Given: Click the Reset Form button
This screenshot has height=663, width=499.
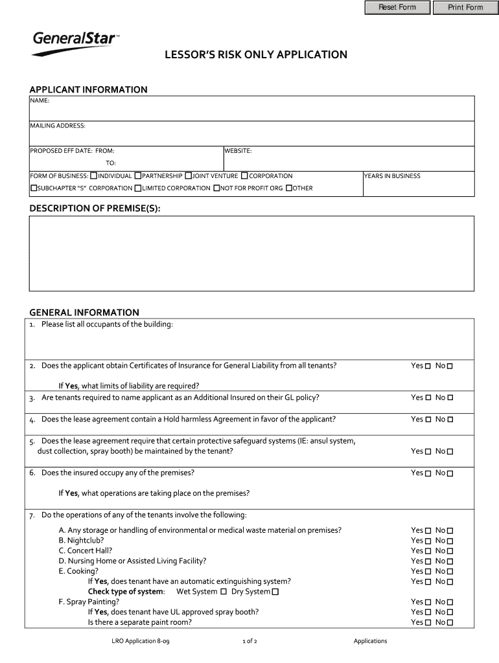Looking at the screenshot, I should pyautogui.click(x=397, y=8).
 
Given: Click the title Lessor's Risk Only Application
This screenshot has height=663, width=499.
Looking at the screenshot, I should pyautogui.click(x=255, y=55).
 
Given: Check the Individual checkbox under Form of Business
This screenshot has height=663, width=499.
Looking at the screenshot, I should pyautogui.click(x=94, y=175).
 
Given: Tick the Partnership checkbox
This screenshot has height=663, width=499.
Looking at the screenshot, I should pyautogui.click(x=138, y=175).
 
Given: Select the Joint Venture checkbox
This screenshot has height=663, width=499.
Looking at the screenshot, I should pyautogui.click(x=189, y=175).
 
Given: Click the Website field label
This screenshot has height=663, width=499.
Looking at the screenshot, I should pyautogui.click(x=238, y=151).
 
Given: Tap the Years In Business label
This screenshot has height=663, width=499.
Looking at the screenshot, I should pyautogui.click(x=392, y=176).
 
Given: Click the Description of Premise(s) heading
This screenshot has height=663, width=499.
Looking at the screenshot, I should pyautogui.click(x=95, y=208).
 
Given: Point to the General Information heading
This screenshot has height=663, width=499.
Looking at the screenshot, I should pyautogui.click(x=84, y=312).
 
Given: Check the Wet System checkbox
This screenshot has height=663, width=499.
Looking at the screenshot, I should pyautogui.click(x=224, y=592).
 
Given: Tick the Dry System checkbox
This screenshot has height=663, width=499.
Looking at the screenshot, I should pyautogui.click(x=275, y=592).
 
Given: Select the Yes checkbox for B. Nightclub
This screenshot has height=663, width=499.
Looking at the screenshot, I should pyautogui.click(x=428, y=541).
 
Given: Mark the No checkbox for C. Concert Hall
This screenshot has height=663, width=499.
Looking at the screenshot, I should pyautogui.click(x=450, y=551).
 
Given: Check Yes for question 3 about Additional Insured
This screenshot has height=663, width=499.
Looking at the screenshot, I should pyautogui.click(x=428, y=398).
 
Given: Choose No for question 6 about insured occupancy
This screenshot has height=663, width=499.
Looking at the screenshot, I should pyautogui.click(x=450, y=473).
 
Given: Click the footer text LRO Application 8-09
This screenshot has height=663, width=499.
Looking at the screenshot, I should pyautogui.click(x=141, y=641).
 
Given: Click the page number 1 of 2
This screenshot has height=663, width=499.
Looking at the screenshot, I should pyautogui.click(x=250, y=641).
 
